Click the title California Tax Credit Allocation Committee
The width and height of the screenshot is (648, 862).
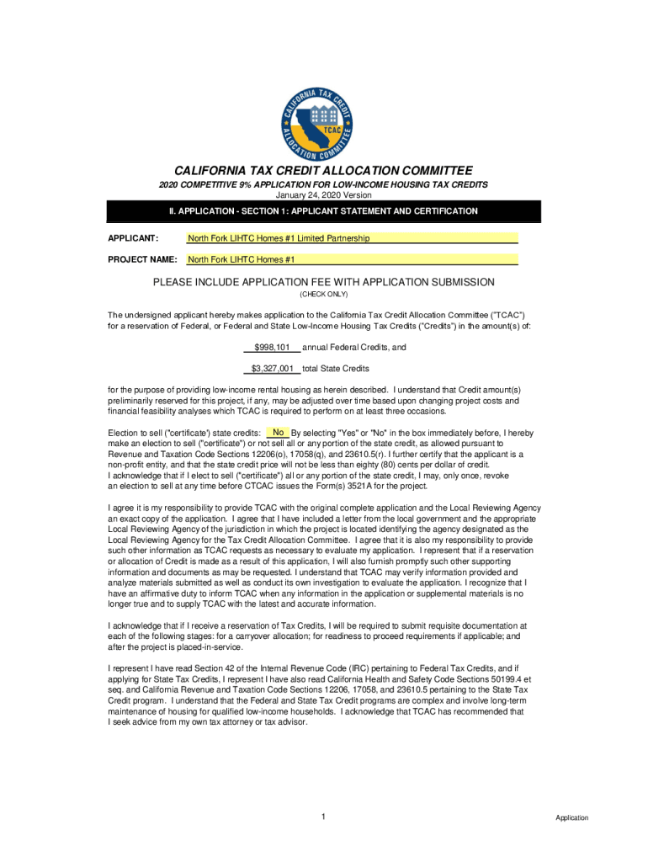[323, 170]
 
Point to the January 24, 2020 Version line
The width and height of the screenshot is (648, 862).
[323, 195]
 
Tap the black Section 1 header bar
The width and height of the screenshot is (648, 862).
[323, 211]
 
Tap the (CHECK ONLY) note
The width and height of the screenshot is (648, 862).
[323, 295]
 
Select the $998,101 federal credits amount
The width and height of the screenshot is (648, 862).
[272, 347]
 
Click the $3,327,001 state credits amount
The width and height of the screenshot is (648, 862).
[272, 369]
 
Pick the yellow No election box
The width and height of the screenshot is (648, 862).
[278, 433]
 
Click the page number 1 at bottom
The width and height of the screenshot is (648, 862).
[323, 817]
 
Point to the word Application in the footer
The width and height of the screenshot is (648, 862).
[571, 818]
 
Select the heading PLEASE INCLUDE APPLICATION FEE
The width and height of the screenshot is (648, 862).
[323, 282]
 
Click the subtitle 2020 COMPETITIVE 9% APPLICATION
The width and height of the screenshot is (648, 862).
[323, 184]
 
